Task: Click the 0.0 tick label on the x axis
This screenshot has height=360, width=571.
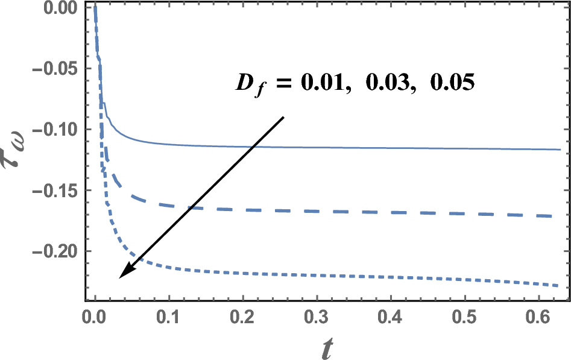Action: pos(95,317)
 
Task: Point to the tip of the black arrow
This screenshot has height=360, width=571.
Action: pos(119,277)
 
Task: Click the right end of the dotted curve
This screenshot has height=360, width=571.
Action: pos(560,286)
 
